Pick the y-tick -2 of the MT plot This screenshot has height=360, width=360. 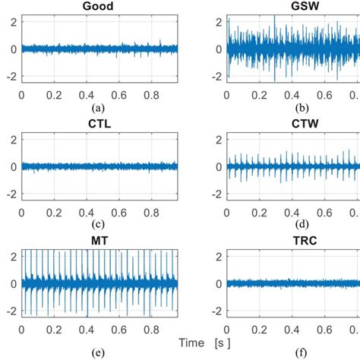tap(10, 311)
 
